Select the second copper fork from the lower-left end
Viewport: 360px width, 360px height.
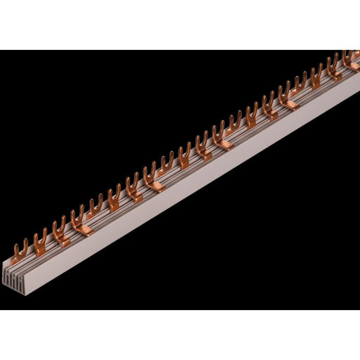tap(39, 239)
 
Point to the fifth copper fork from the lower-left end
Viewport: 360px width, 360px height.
tap(96, 209)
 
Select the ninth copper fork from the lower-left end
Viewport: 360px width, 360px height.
tap(167, 169)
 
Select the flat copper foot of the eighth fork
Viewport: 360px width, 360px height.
tap(157, 188)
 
